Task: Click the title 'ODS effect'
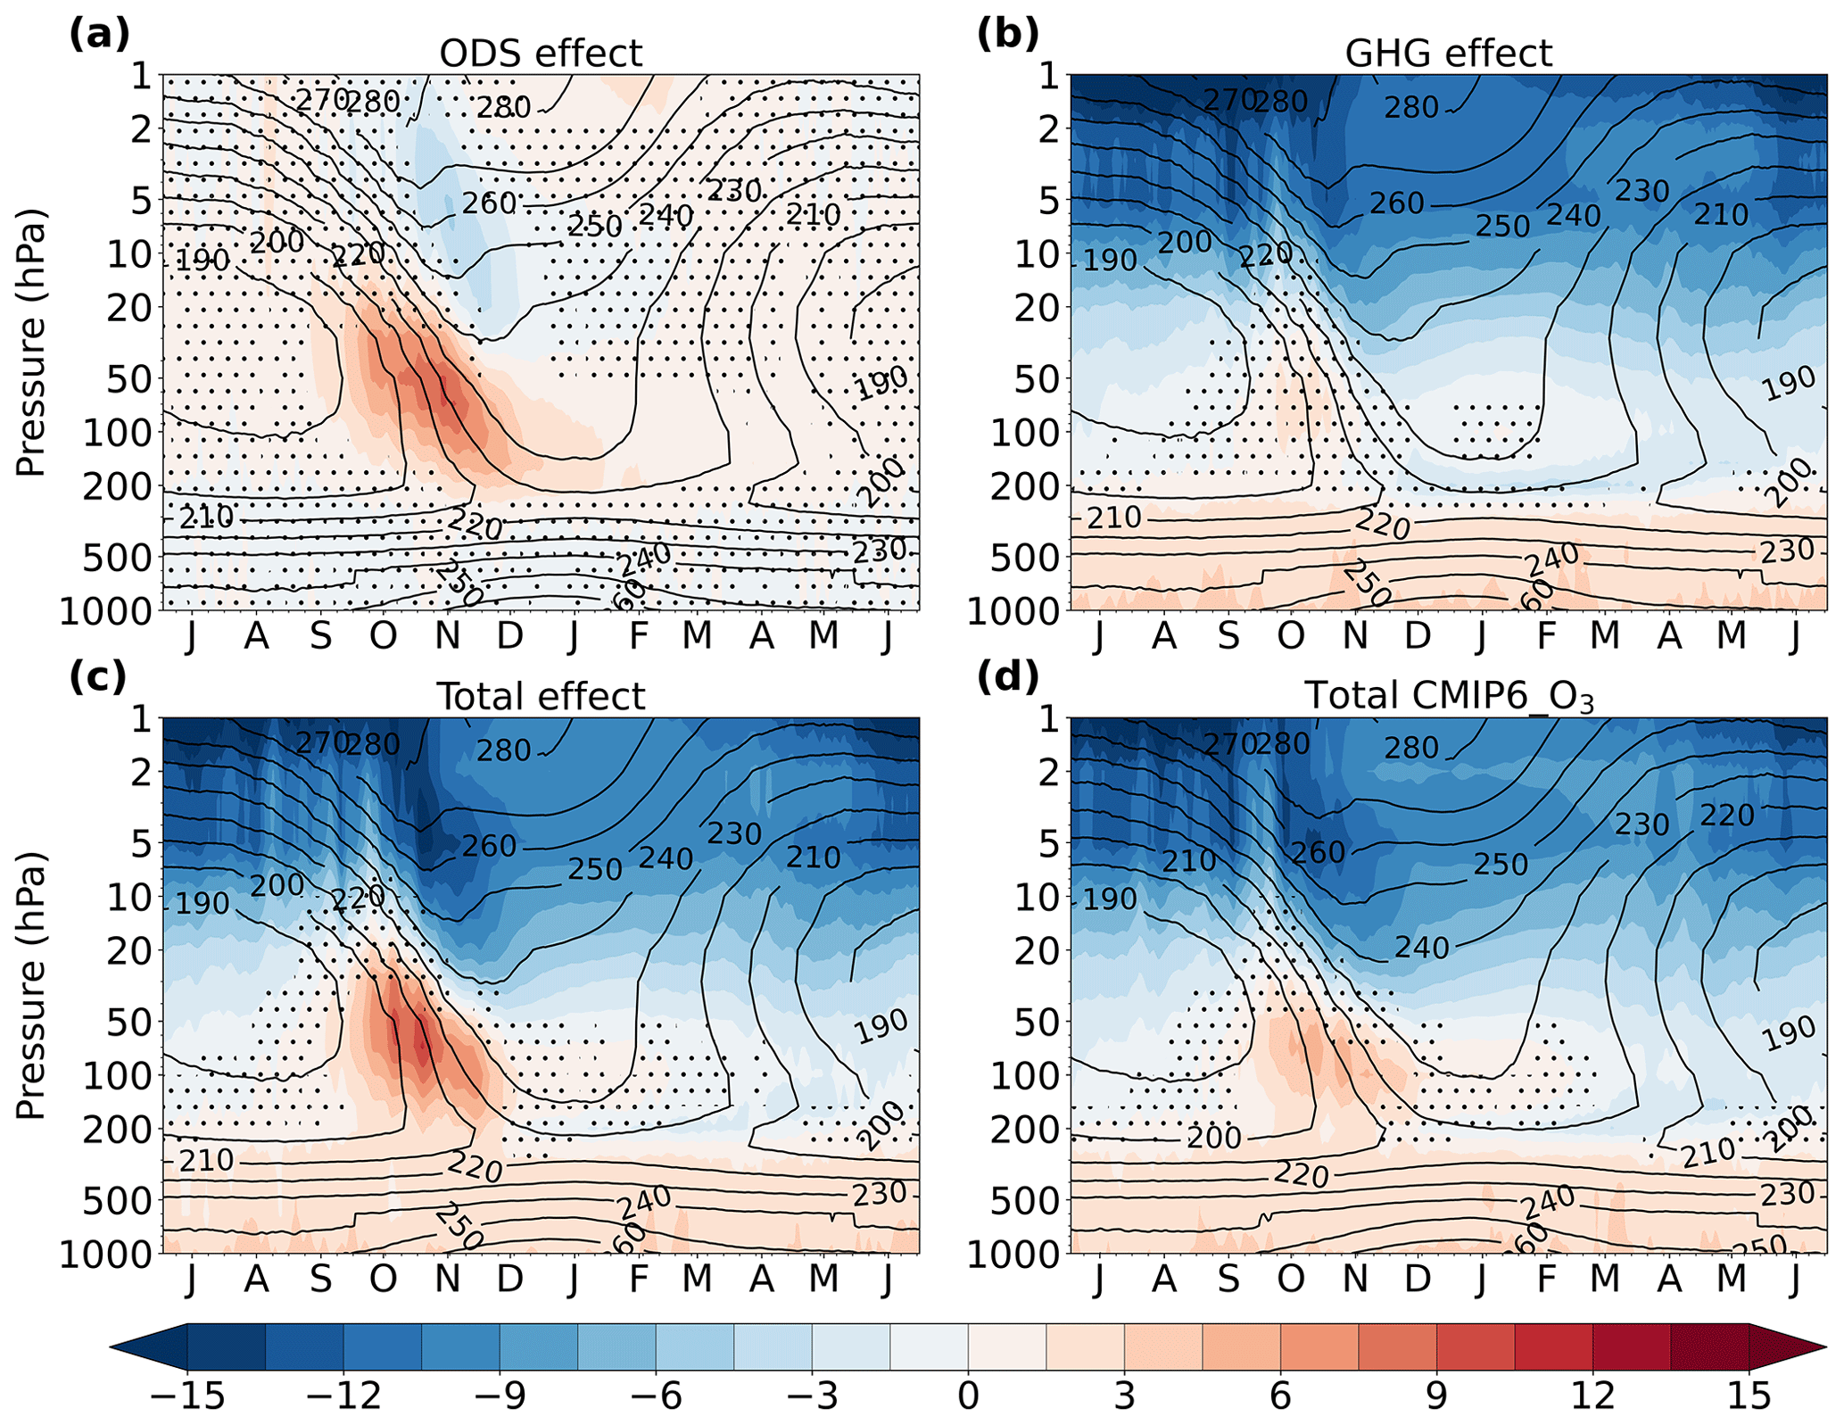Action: coord(541,54)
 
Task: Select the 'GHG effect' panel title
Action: coord(1448,54)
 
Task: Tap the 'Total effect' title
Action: coord(541,697)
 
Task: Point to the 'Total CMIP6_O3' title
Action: coord(1448,697)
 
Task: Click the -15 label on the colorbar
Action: coord(187,1396)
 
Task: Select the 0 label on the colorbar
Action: coord(968,1396)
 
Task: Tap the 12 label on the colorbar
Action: coord(1592,1396)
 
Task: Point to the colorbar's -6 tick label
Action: coord(656,1396)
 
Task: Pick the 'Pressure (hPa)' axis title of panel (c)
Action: coord(31,985)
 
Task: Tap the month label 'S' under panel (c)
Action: coord(320,1279)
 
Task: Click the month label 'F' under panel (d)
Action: coord(1545,1279)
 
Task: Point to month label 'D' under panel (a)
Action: coord(509,635)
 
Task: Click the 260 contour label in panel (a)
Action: coord(489,203)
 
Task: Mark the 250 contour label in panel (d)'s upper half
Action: coord(1501,864)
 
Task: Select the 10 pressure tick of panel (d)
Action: coord(1038,898)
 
